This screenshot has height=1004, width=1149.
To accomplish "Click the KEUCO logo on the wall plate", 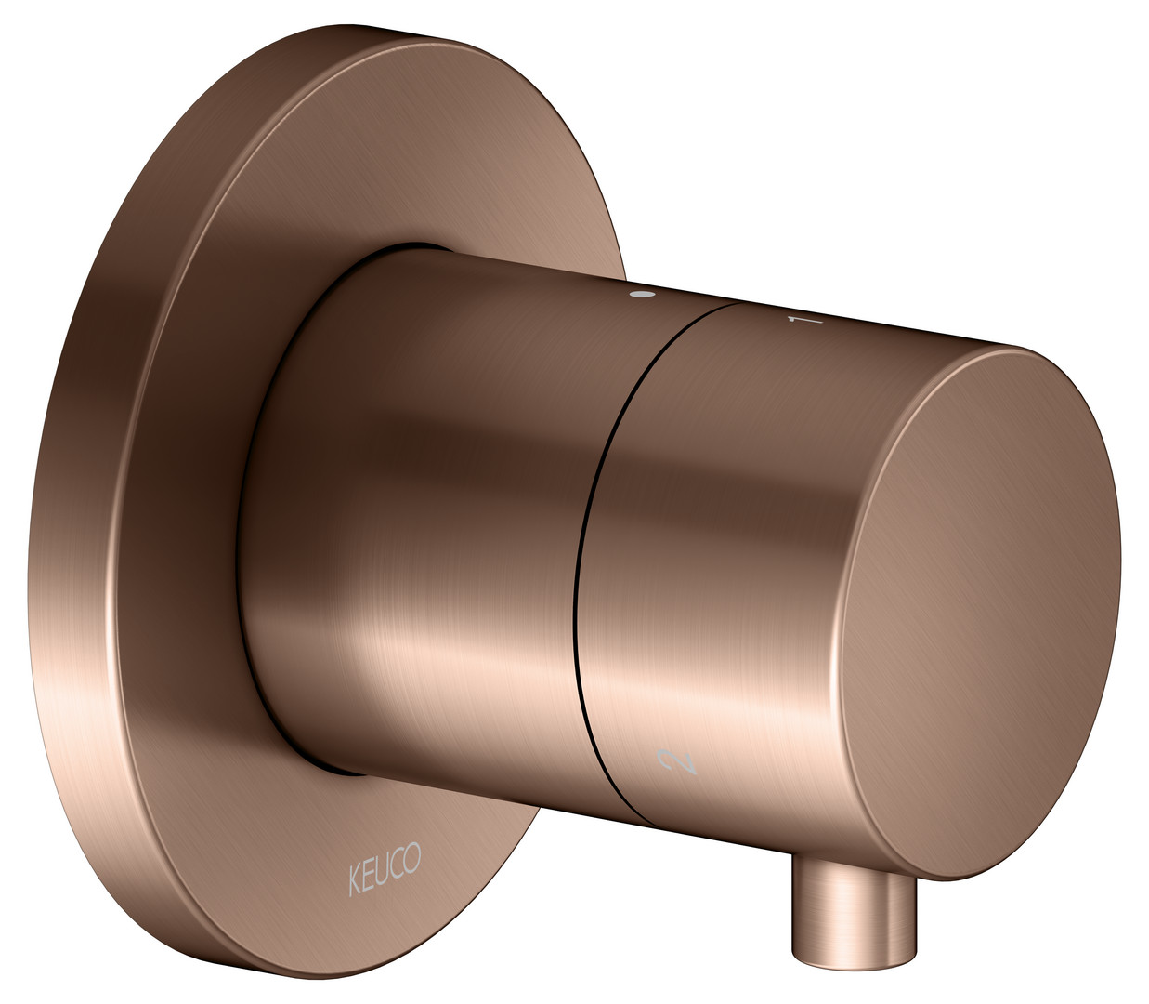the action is point(385,875).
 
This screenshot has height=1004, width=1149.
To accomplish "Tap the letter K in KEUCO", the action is point(354,882).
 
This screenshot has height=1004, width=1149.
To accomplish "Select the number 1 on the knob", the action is point(805,320).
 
